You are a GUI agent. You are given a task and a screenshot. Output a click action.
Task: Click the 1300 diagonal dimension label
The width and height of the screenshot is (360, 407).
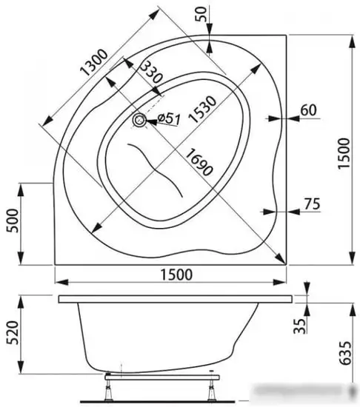click(93, 63)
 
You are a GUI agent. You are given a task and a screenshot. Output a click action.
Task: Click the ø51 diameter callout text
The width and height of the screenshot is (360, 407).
click(168, 119)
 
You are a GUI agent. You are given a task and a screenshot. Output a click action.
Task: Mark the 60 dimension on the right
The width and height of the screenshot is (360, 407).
click(308, 111)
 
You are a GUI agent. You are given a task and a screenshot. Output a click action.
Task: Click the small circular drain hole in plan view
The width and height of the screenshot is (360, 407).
click(140, 119)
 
